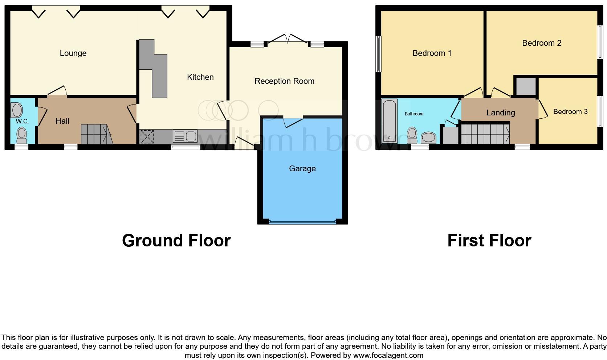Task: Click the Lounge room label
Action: click(73, 53)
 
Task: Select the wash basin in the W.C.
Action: click(17, 109)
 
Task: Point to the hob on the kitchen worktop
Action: click(147, 137)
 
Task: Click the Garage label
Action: click(302, 169)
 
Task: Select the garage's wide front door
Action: click(302, 221)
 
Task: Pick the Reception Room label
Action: click(284, 81)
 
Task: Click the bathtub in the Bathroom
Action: click(390, 120)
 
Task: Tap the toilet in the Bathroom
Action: click(412, 135)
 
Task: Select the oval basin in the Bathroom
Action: click(428, 138)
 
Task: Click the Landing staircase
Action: click(485, 134)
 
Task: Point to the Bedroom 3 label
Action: click(570, 112)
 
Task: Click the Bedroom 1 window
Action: click(378, 54)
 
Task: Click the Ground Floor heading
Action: click(176, 241)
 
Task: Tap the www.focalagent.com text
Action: click(388, 355)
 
